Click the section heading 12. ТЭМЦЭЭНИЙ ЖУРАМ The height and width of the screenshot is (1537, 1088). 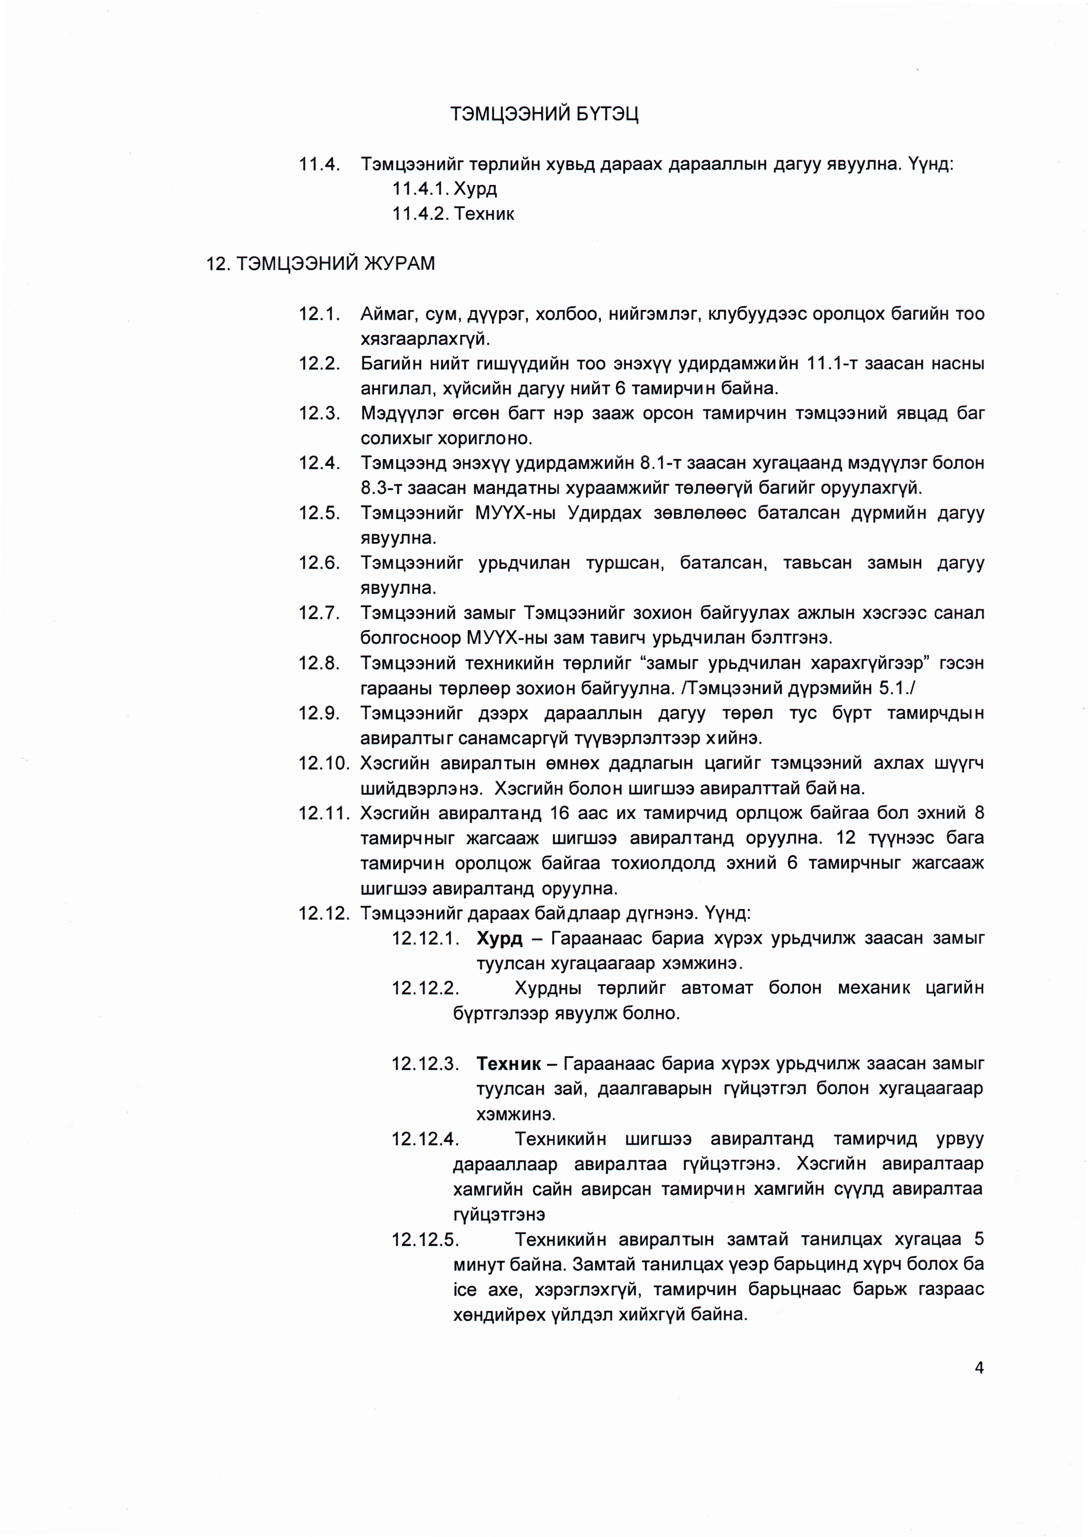coord(320,263)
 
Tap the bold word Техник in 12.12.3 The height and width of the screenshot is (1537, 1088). coord(508,1064)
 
